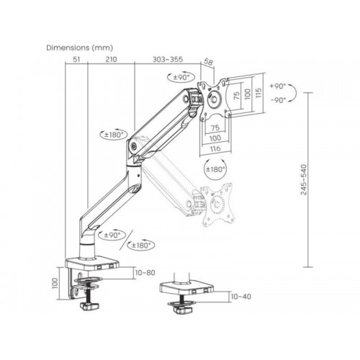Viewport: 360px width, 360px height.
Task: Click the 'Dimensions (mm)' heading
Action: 80,48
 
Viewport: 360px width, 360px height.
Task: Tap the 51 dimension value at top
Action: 76,59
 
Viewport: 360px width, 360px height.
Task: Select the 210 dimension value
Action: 112,59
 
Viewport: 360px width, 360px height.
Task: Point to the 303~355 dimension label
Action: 168,59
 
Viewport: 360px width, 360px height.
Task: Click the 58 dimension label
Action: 208,62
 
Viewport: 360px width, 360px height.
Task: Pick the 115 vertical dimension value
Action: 258,94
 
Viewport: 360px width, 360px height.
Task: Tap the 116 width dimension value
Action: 215,148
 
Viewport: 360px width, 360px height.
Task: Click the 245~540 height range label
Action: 304,179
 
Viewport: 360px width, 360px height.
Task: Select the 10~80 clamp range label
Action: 145,273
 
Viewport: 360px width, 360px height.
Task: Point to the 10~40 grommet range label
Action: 240,297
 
